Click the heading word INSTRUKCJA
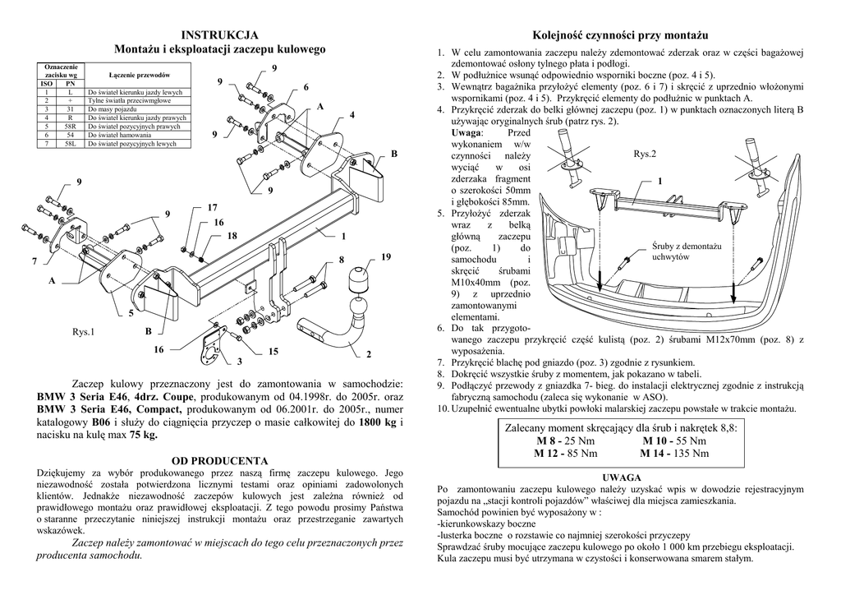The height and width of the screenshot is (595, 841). (219, 35)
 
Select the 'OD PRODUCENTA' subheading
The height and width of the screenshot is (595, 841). (219, 460)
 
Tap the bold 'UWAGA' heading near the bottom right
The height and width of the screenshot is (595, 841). (621, 477)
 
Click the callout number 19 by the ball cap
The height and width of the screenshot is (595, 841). (386, 258)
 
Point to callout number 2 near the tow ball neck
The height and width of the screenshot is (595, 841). (369, 354)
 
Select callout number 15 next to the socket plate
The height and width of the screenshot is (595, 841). (273, 352)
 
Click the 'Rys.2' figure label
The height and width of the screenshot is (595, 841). (646, 154)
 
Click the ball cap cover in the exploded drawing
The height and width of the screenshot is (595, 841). (359, 279)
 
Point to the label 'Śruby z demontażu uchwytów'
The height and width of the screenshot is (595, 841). (686, 251)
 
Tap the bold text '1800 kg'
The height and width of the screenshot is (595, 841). (377, 422)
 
